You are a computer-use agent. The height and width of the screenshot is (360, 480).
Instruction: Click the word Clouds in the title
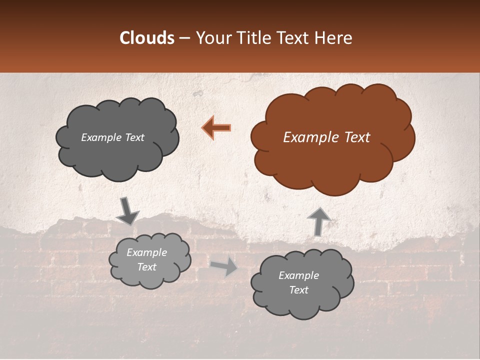click(147, 38)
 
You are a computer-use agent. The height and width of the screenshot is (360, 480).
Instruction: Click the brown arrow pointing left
click(216, 127)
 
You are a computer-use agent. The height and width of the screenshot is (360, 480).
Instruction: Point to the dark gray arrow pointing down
click(127, 211)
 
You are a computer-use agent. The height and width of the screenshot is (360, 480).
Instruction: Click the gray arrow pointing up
click(318, 220)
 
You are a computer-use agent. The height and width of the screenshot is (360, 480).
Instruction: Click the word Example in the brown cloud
click(305, 137)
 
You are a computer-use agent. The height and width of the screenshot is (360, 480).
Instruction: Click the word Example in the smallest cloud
click(146, 252)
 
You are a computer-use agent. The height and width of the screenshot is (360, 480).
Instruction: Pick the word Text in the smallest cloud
click(146, 267)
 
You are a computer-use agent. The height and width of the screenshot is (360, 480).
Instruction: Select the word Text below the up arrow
click(298, 290)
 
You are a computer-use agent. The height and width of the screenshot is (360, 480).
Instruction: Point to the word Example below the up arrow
click(298, 275)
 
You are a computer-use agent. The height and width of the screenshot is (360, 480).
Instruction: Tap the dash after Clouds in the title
click(184, 38)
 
